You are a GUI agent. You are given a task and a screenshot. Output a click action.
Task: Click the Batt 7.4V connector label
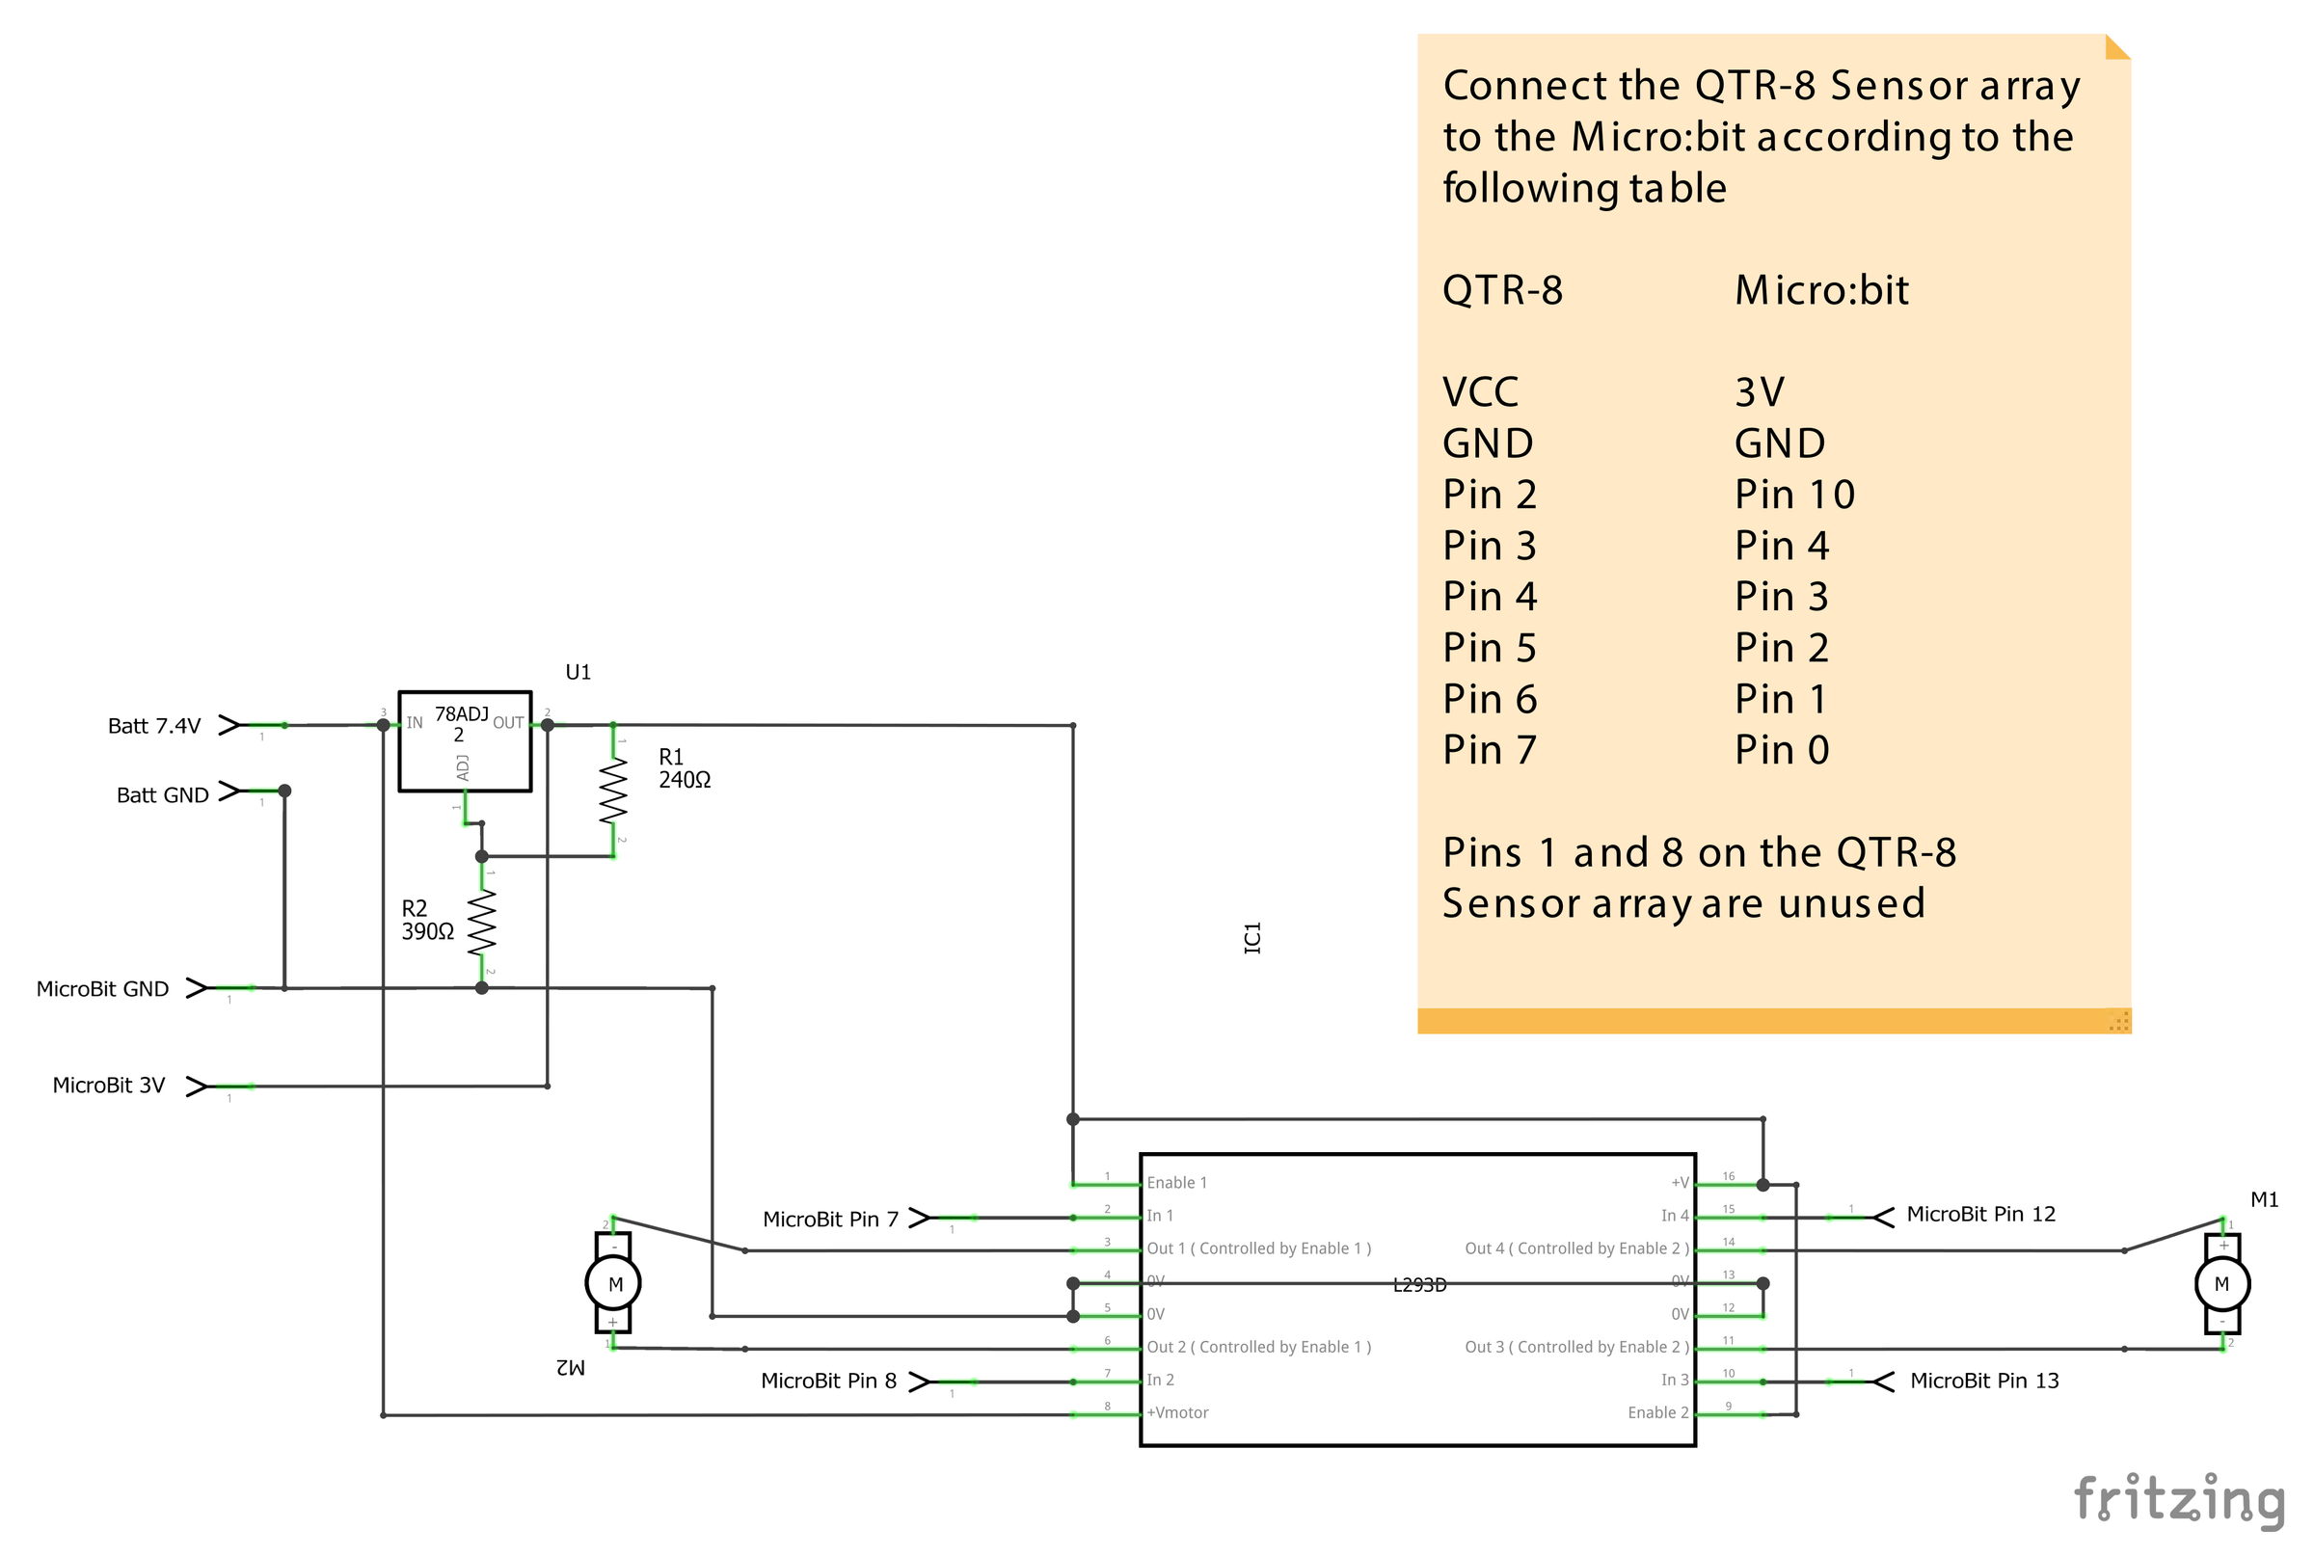154,726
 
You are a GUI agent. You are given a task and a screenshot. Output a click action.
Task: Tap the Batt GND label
163,794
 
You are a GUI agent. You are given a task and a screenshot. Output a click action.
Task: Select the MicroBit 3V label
108,1086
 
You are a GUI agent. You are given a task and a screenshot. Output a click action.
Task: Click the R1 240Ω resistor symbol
613,791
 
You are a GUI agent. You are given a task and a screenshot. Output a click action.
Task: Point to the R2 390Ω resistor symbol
482,922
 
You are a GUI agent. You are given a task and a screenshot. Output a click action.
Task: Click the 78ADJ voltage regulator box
465,741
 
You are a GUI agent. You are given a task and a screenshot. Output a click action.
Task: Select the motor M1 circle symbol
2221,1284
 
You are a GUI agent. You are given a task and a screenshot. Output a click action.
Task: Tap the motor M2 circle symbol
613,1284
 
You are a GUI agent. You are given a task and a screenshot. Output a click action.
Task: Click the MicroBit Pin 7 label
829,1220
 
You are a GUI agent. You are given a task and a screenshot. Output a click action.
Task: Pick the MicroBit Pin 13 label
1983,1382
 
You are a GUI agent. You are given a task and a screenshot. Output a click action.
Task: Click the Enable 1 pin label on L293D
1177,1183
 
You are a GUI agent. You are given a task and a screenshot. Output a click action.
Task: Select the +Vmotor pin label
1178,1413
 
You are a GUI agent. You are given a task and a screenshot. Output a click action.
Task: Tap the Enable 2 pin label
1657,1413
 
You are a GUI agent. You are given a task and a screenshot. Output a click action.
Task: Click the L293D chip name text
1419,1286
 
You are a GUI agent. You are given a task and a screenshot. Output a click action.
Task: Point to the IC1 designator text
1252,938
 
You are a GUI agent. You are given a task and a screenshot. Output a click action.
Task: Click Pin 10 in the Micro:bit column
1794,495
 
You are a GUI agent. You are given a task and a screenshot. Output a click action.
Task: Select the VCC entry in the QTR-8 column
1479,392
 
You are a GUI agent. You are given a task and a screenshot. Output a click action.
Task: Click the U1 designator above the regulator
578,673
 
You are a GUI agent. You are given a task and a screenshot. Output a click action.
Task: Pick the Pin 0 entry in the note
1781,750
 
